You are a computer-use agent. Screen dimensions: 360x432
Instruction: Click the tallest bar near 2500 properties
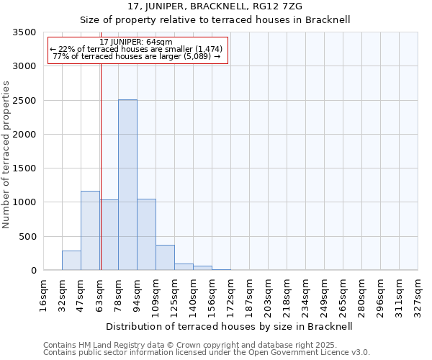click(x=127, y=185)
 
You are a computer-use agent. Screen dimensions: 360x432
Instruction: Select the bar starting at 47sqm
click(x=90, y=230)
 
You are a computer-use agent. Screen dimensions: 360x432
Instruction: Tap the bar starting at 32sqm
click(x=71, y=261)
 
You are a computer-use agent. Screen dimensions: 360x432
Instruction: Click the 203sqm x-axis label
click(x=269, y=296)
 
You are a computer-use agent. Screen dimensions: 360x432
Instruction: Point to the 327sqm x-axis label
click(x=418, y=296)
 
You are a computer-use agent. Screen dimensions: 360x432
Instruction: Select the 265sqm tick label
click(x=343, y=296)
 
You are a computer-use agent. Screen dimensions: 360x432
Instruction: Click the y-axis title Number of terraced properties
click(x=7, y=154)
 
